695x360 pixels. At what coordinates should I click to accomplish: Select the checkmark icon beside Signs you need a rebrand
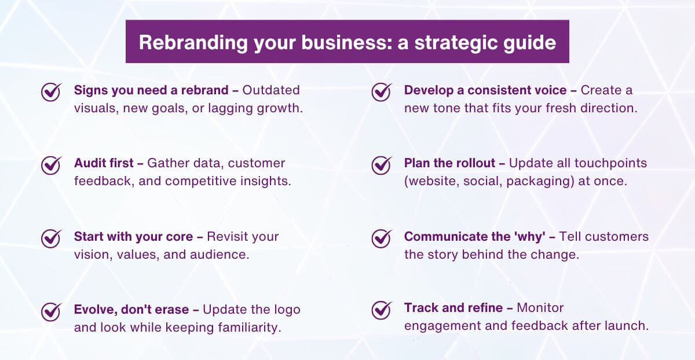pos(52,91)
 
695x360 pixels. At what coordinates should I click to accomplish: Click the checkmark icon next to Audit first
pos(52,164)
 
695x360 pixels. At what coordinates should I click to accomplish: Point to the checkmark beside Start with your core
pos(52,238)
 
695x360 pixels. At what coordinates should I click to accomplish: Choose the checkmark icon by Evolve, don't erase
pos(52,311)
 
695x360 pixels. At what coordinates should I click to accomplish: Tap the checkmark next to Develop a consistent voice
pos(381,91)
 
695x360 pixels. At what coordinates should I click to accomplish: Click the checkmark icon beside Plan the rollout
pos(381,164)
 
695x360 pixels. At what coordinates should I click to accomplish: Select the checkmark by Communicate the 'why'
pos(381,238)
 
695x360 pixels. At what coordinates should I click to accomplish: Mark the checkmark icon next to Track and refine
pos(381,309)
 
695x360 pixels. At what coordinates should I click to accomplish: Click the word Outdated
pos(271,90)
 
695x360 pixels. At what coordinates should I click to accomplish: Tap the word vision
pos(89,254)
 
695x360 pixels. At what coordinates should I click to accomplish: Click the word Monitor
pos(540,308)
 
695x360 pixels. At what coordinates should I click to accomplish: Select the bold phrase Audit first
pos(103,163)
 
